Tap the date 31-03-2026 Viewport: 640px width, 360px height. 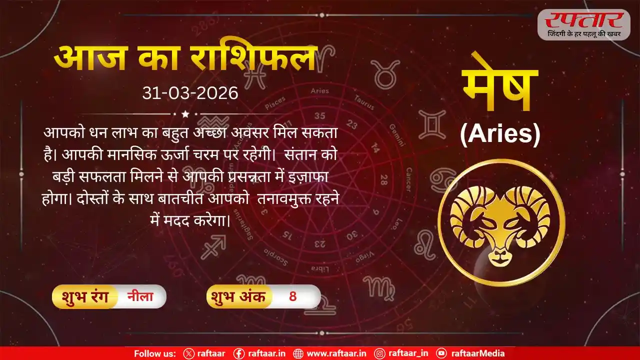tap(190, 93)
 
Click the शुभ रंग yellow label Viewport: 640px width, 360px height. tap(83, 296)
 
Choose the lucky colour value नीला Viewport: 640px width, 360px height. tap(139, 296)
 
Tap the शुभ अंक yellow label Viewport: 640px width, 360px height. tap(238, 296)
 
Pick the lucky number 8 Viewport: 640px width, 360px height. tap(293, 296)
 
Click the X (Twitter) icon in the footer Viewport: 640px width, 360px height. tap(188, 353)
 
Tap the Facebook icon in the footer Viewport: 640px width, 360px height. tap(239, 353)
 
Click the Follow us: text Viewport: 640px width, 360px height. tap(154, 353)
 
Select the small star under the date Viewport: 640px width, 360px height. tap(185, 114)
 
